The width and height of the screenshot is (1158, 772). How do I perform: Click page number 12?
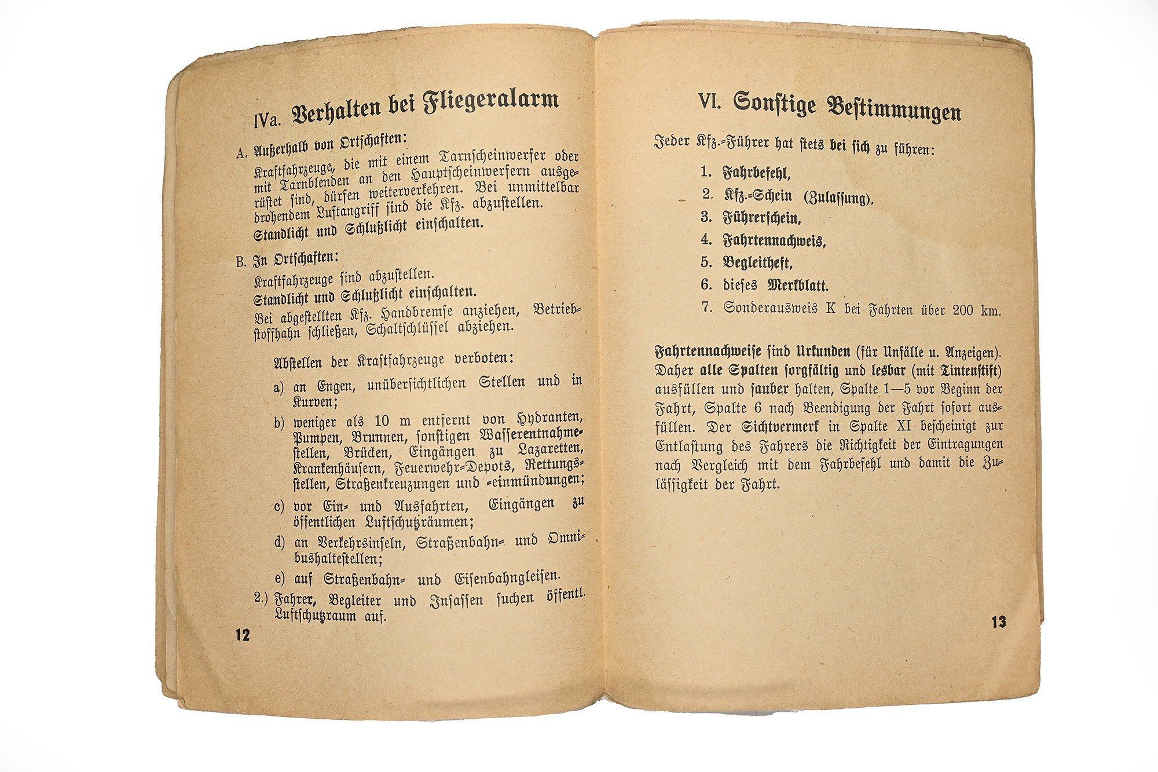[242, 634]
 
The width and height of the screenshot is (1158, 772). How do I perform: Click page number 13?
[999, 623]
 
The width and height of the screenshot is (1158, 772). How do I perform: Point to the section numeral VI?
[709, 102]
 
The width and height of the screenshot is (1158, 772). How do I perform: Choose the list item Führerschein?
[761, 218]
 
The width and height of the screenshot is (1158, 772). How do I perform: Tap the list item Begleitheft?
[757, 263]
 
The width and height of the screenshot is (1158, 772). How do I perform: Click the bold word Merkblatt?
[798, 286]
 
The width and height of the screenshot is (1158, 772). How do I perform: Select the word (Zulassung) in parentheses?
[838, 197]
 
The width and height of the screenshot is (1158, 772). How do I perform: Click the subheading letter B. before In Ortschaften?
[241, 261]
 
